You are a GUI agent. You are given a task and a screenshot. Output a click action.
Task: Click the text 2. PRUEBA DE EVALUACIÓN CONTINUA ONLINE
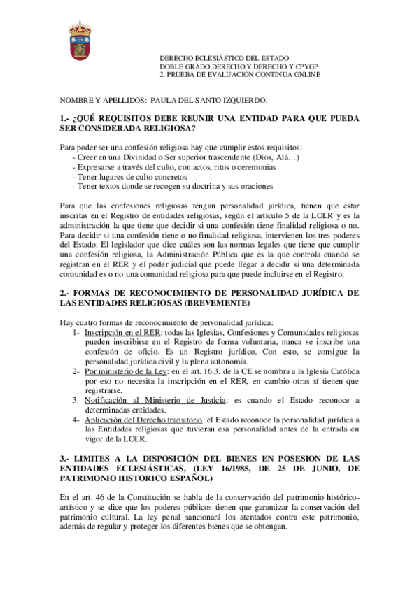[240, 74]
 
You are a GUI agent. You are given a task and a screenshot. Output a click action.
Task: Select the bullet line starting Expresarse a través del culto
[178, 168]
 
